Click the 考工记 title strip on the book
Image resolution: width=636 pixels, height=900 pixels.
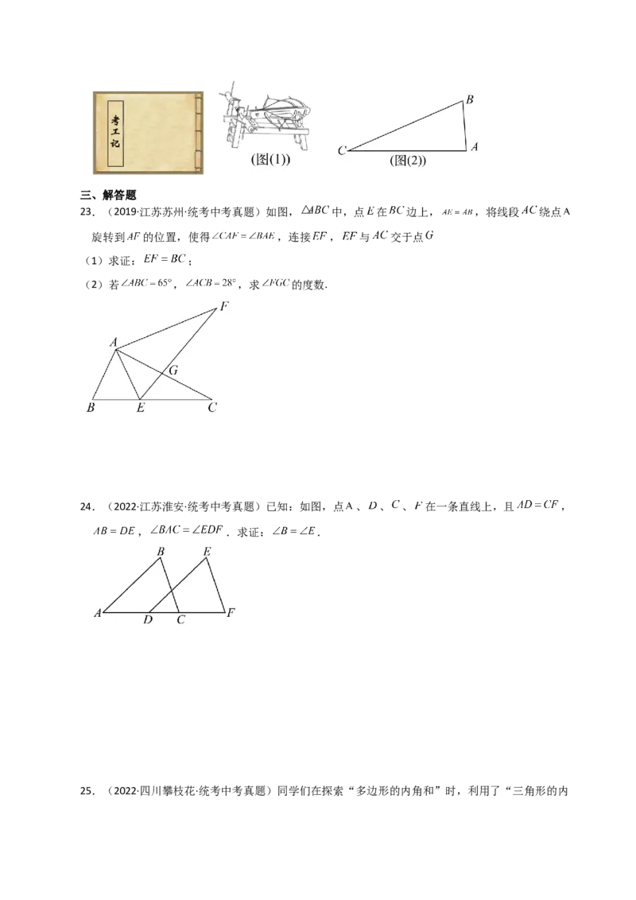(114, 134)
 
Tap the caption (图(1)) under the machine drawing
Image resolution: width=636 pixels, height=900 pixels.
(270, 160)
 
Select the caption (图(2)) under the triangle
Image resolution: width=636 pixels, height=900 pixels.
(408, 161)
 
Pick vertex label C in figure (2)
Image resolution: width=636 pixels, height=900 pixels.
(341, 150)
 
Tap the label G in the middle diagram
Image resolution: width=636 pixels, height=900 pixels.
(173, 370)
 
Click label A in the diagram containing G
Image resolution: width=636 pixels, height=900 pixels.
(114, 343)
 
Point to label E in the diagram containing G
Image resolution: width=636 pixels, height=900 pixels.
(140, 409)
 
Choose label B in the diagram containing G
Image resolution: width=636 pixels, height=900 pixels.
(91, 409)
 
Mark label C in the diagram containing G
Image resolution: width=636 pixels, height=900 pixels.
(211, 409)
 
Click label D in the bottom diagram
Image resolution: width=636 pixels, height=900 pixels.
(148, 620)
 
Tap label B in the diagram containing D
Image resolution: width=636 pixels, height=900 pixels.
(161, 551)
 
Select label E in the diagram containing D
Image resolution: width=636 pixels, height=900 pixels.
(207, 551)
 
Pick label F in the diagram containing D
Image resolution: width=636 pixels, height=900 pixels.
(231, 613)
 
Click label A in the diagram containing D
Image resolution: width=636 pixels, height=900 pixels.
(97, 613)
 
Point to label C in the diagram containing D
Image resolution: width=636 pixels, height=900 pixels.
(180, 620)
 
